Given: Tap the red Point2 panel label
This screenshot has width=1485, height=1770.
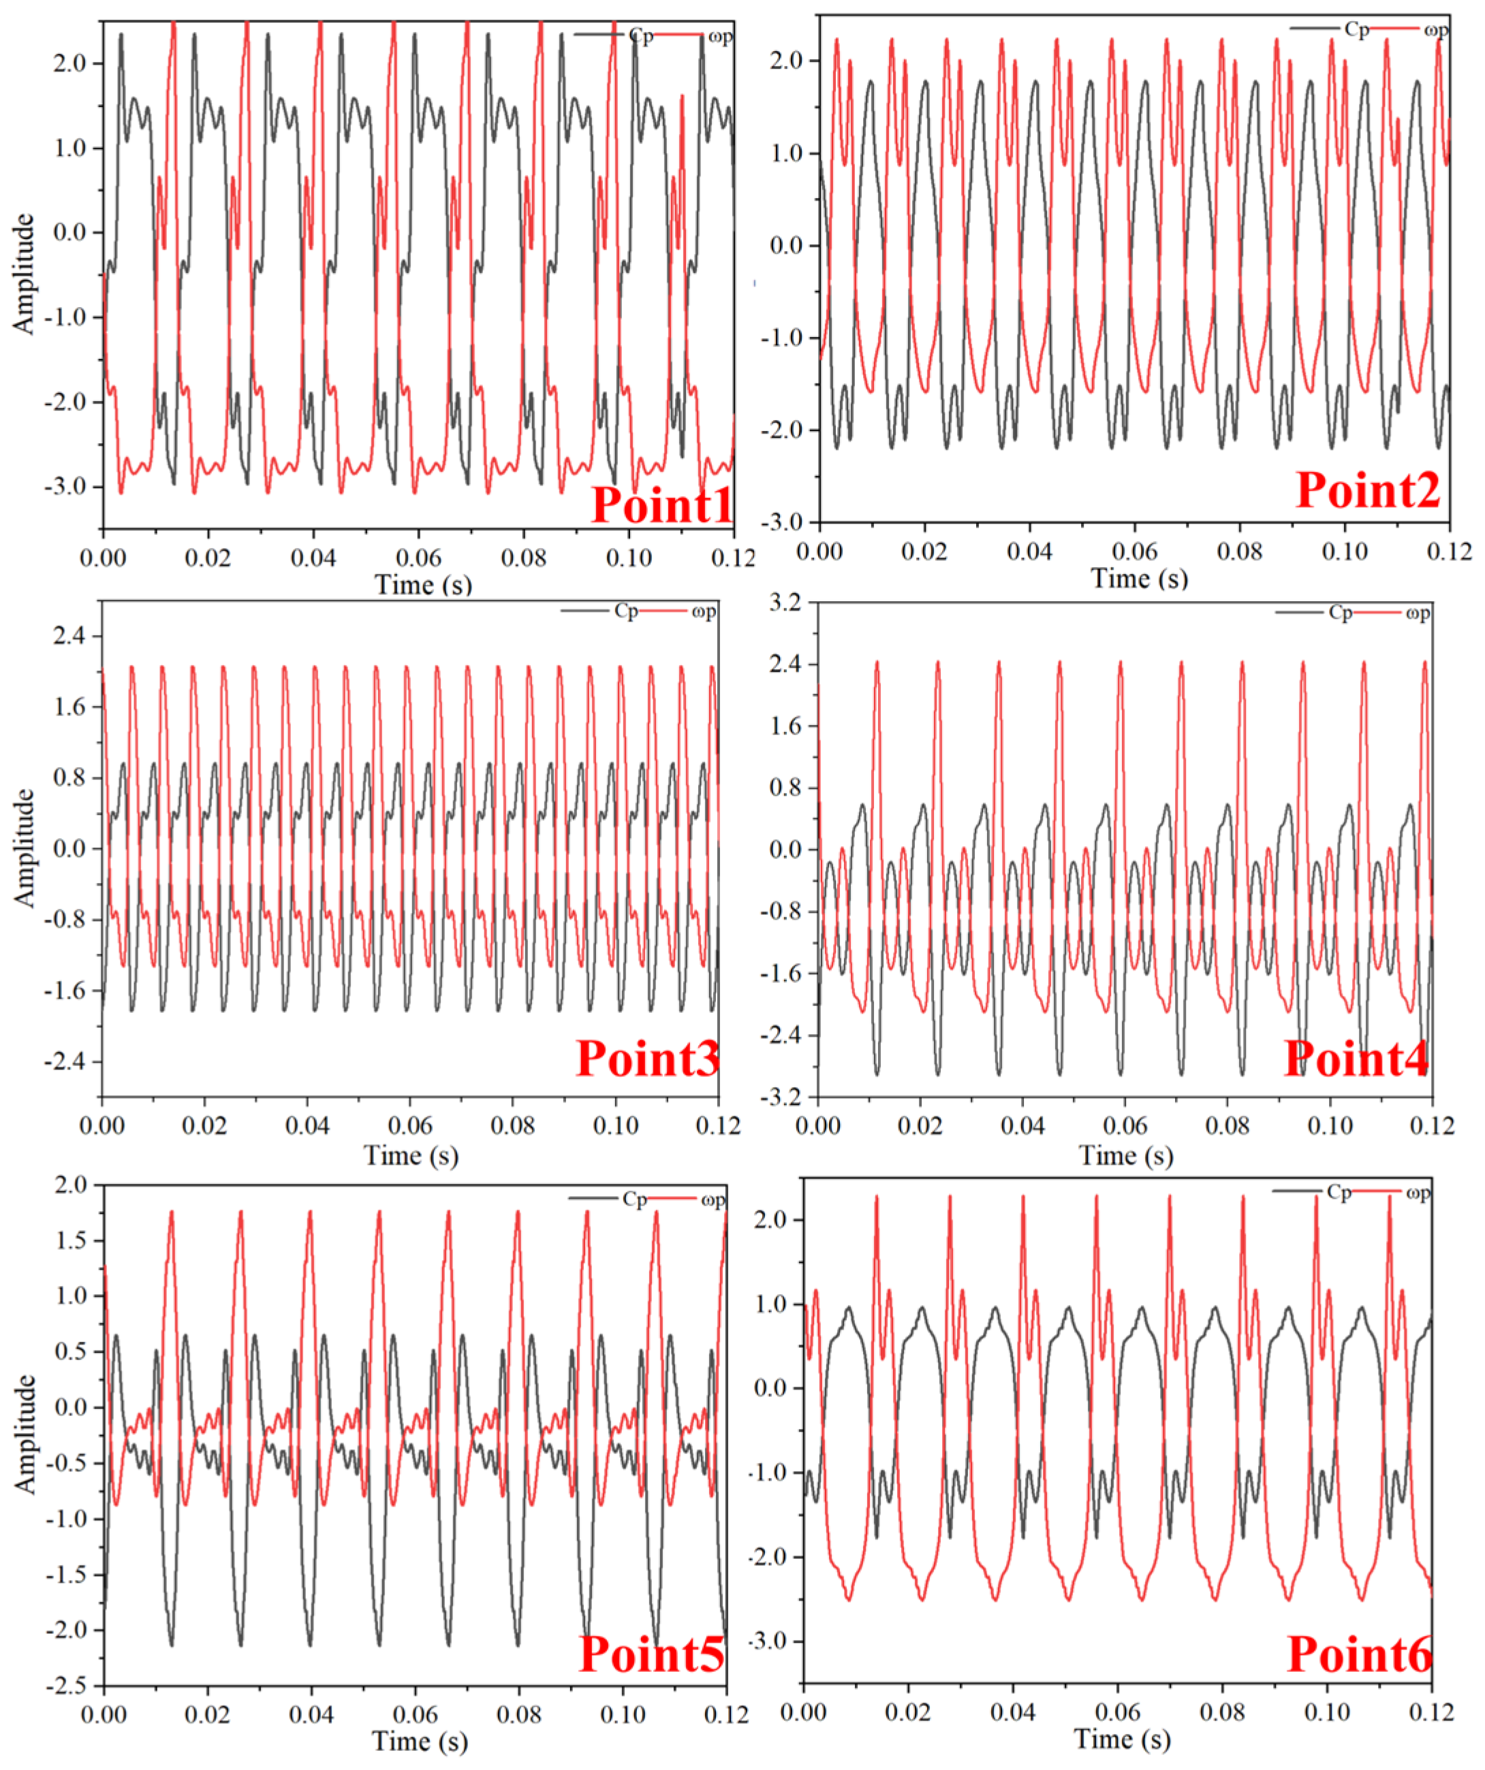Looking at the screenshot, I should [1368, 489].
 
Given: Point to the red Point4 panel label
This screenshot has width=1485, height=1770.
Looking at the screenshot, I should [1356, 1058].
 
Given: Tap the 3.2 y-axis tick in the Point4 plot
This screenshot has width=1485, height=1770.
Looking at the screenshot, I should [787, 602].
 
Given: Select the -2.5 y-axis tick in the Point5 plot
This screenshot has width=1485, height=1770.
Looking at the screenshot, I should [72, 1685].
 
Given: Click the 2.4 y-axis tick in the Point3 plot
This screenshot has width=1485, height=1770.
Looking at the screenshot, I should [72, 636].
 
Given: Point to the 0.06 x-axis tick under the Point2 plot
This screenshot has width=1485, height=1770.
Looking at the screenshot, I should [1134, 552].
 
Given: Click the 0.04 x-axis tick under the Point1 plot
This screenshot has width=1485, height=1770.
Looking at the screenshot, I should [313, 558].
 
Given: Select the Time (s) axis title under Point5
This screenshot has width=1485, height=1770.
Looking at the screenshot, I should [419, 1741].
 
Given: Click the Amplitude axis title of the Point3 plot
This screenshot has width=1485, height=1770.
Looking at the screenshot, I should [25, 848].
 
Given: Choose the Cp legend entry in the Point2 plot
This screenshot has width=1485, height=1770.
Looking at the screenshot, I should [1356, 29].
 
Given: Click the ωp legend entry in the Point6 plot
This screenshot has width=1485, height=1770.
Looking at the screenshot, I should [1418, 1192].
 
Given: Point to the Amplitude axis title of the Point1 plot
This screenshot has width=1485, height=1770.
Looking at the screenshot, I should [25, 274].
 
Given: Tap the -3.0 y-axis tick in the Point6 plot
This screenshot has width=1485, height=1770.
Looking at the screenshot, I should [772, 1641].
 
